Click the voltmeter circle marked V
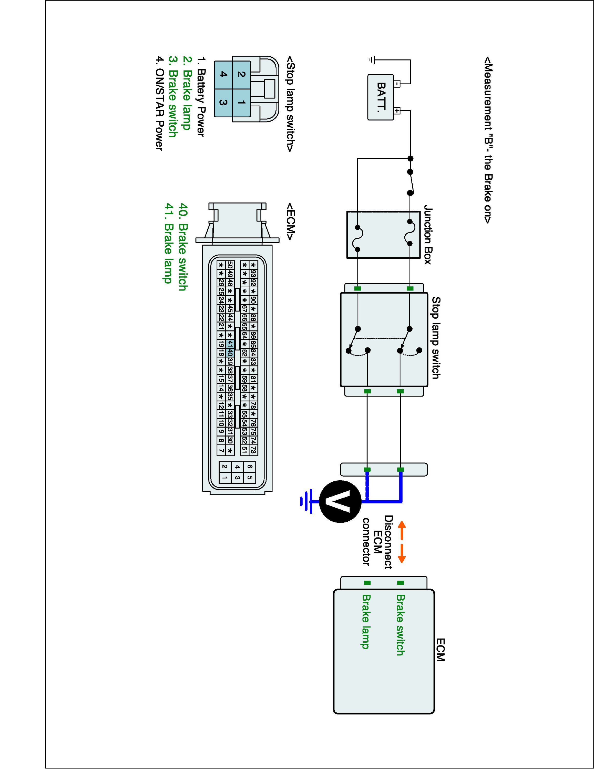tap(340, 501)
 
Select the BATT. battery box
tap(380, 97)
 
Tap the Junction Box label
tap(427, 235)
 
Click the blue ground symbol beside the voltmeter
tap(306, 501)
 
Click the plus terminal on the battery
tap(397, 111)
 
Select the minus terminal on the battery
tap(397, 84)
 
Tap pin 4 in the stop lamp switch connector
tap(223, 74)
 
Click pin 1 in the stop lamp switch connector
tap(241, 103)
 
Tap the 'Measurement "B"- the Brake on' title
tap(487, 140)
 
